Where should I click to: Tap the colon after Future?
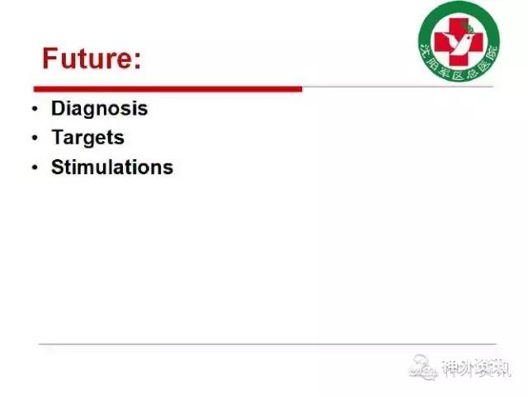[x=138, y=61]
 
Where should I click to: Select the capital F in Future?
[x=50, y=58]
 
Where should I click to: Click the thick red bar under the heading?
[x=168, y=89]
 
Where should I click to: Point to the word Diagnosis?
[x=99, y=109]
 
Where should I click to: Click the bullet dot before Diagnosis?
[x=35, y=108]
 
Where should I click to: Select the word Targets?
[x=88, y=138]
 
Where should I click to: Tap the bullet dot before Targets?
[x=35, y=138]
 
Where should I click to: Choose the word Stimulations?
[x=112, y=167]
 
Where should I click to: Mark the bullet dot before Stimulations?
[x=35, y=167]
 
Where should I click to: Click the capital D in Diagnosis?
[x=58, y=108]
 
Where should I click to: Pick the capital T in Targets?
[x=58, y=137]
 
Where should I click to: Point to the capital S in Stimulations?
[x=58, y=167]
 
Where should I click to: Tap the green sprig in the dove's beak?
[x=469, y=28]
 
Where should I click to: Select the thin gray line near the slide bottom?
[x=267, y=344]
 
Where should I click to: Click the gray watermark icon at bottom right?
[x=423, y=367]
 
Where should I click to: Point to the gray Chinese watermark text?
[x=476, y=368]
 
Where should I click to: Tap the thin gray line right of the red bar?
[x=398, y=87]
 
